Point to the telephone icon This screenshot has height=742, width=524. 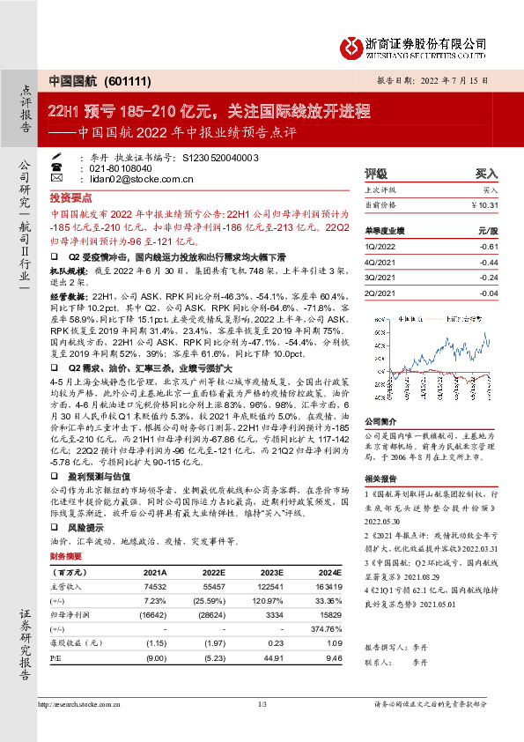pyautogui.click(x=57, y=167)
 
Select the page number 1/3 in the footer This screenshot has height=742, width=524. pyautogui.click(x=262, y=704)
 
